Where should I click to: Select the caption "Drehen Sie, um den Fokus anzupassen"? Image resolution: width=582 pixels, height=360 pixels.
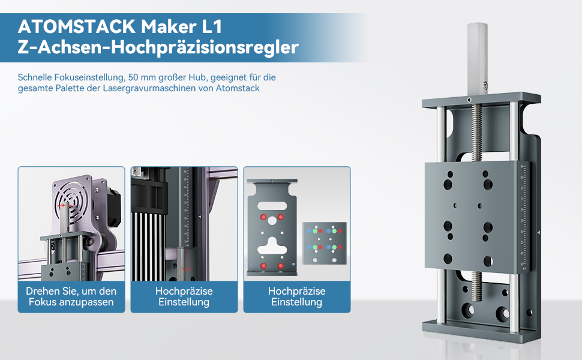click(71, 296)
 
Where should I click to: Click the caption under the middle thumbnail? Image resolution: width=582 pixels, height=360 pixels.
click(184, 296)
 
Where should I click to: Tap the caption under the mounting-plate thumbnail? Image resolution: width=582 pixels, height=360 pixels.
click(296, 296)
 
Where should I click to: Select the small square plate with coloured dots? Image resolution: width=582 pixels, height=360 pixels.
click(325, 243)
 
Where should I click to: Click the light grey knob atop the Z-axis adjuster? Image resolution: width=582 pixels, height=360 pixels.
click(476, 54)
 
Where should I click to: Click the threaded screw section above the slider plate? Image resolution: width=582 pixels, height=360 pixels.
click(478, 133)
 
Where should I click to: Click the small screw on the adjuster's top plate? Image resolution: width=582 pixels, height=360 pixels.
click(469, 99)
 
